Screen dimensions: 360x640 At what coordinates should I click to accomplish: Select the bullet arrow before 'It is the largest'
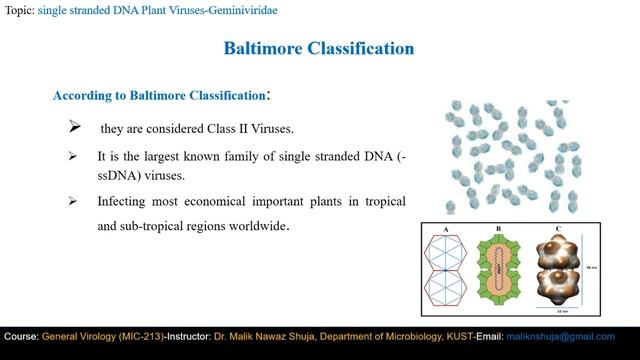[73, 157]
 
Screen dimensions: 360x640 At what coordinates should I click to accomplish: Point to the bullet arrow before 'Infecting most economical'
[73, 201]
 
